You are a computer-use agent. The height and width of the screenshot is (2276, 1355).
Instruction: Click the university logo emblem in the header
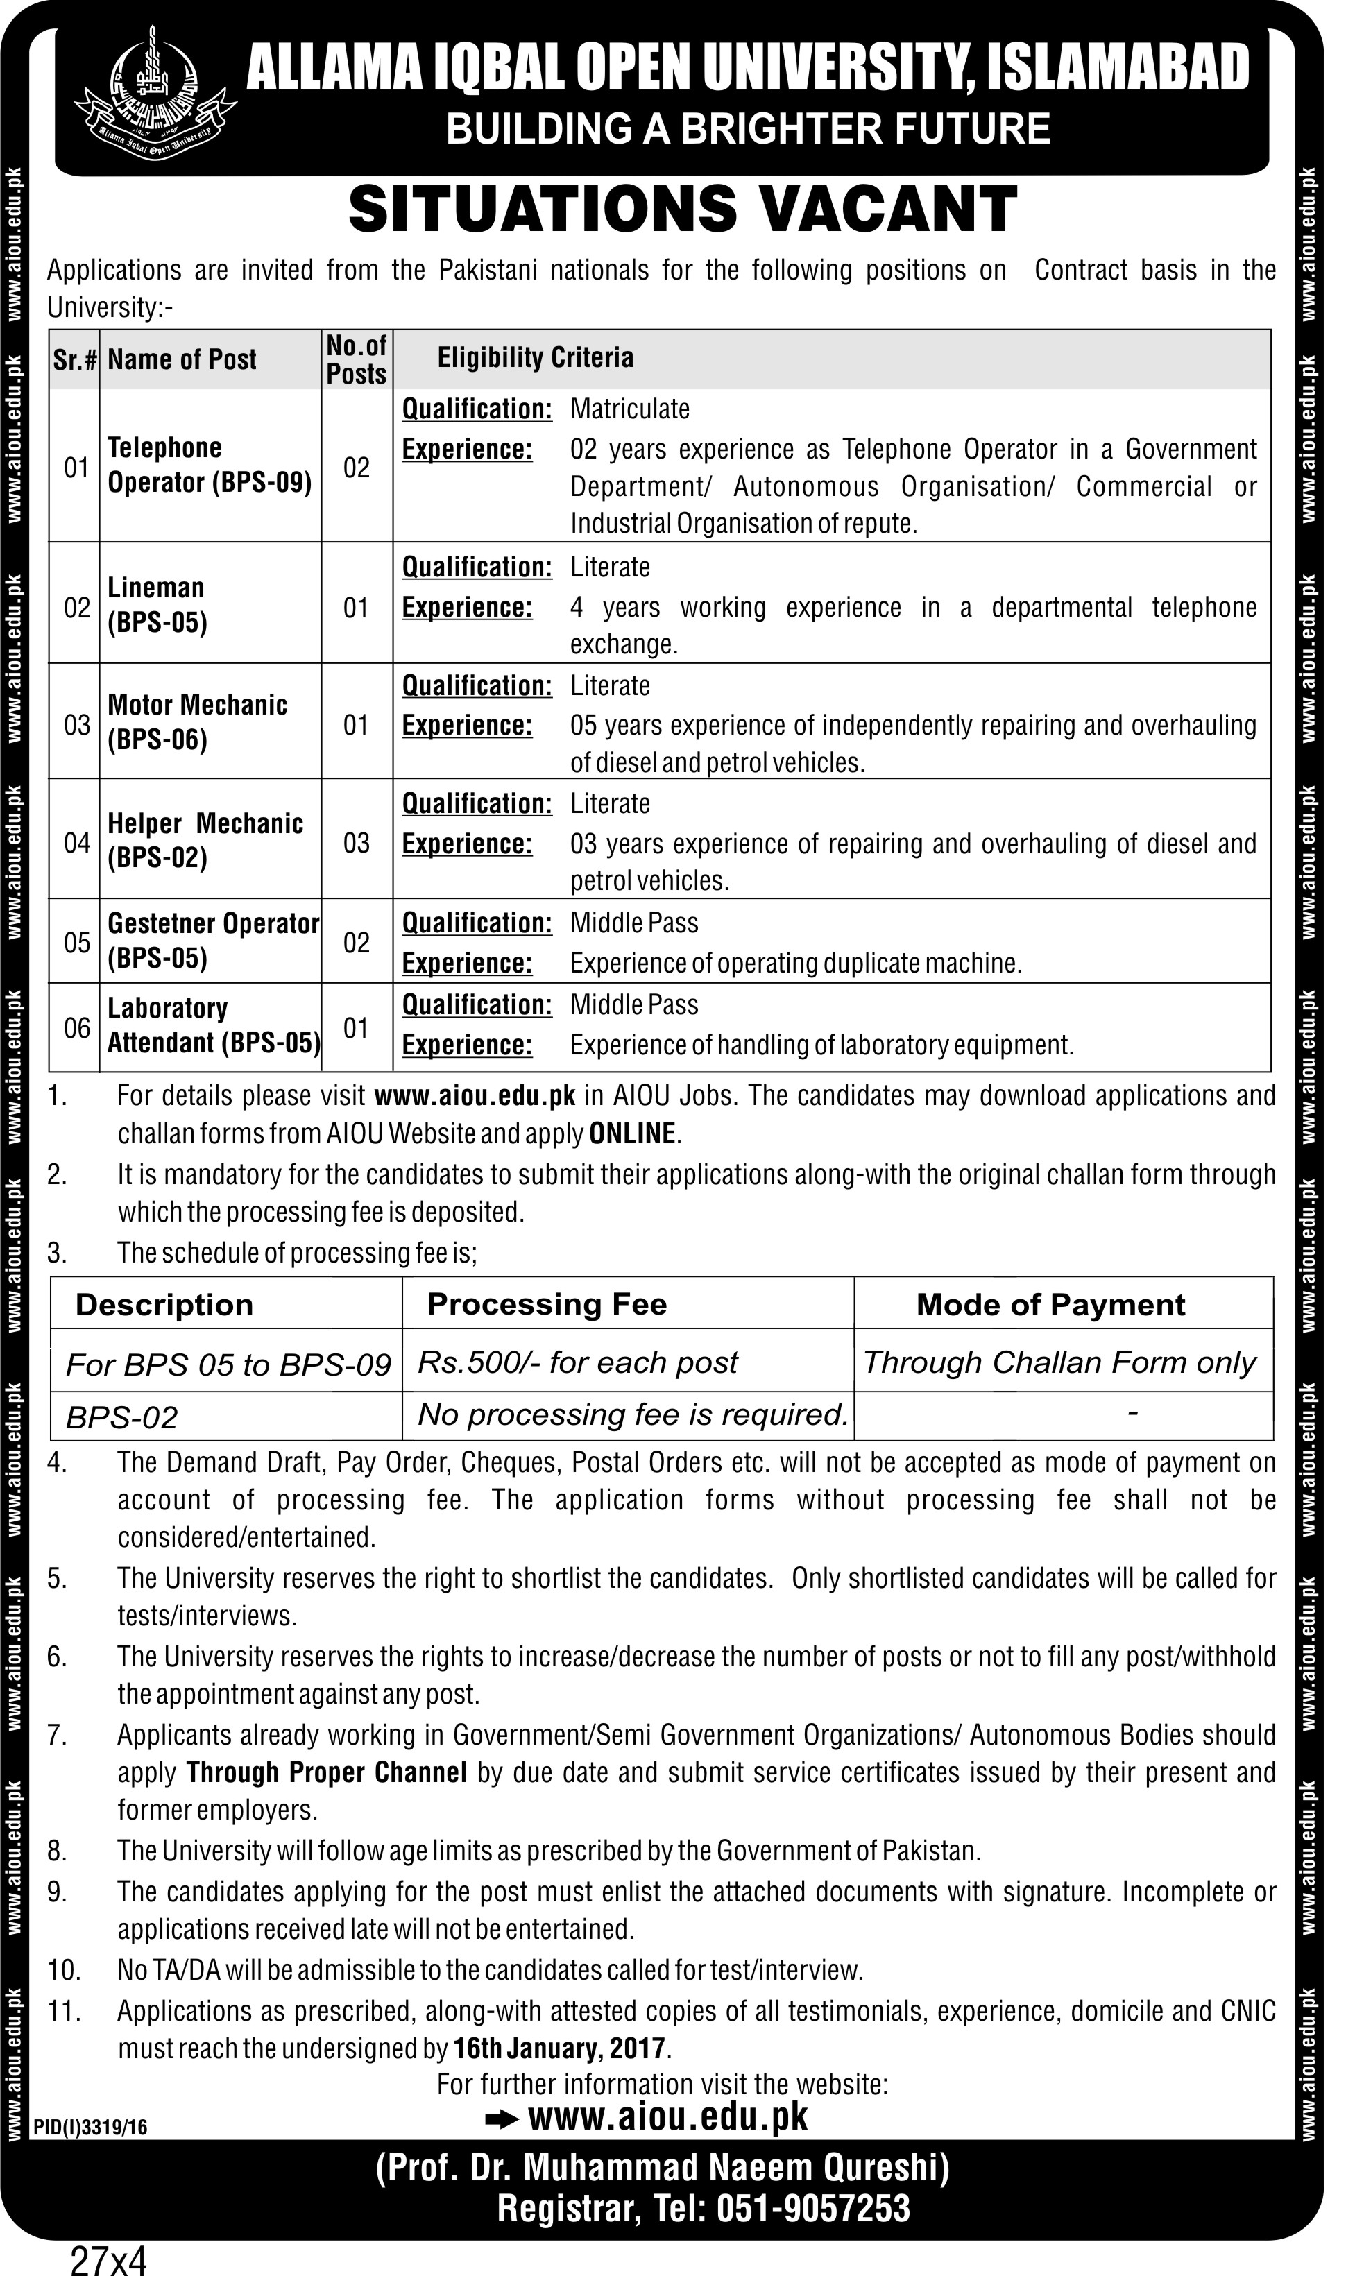click(151, 89)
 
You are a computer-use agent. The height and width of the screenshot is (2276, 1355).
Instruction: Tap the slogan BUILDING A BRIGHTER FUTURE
click(748, 129)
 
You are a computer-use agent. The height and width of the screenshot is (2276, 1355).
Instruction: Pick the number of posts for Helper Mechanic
click(356, 843)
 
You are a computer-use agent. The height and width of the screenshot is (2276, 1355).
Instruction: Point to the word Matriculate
click(630, 409)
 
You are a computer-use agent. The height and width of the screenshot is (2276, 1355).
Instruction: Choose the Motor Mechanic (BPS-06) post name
click(197, 722)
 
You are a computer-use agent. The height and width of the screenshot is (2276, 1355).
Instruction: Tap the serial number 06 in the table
click(77, 1028)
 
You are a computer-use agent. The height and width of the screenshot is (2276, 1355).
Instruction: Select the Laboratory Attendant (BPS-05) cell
click(214, 1025)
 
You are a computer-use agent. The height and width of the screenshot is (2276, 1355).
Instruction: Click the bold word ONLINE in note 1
click(633, 1134)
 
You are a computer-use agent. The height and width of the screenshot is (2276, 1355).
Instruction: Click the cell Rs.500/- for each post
click(577, 1362)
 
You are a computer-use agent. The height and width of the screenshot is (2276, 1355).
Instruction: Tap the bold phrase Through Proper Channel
click(327, 1773)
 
